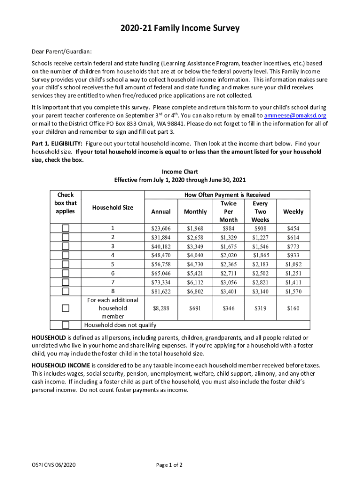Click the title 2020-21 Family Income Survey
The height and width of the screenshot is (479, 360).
pos(180,29)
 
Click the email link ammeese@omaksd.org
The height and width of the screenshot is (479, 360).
pos(295,116)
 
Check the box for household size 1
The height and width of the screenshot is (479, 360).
pos(65,228)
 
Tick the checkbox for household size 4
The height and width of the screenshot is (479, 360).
pos(65,255)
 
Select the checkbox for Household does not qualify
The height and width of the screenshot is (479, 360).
pos(65,325)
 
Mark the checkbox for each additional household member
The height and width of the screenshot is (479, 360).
pos(65,308)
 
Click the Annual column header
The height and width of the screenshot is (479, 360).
pos(161,212)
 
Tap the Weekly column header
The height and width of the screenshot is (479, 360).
pos(293,212)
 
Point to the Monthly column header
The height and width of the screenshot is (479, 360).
pos(195,212)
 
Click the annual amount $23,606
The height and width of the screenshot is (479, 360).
pos(161,229)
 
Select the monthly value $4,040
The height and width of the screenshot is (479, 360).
pos(195,255)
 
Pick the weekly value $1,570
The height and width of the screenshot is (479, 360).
pos(293,291)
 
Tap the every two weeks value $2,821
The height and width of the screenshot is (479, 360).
pos(260,283)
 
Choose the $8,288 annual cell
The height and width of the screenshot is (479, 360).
pos(161,309)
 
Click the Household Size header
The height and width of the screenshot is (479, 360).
pos(113,208)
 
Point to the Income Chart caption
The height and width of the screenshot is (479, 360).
pos(180,172)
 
